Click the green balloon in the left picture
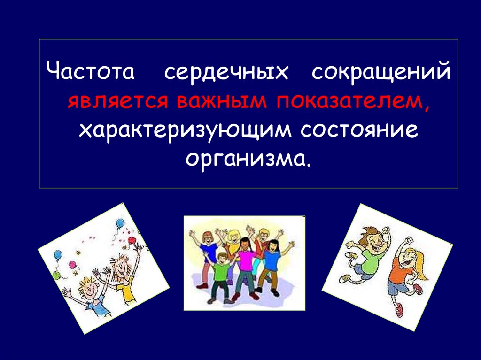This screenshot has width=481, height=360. click(x=56, y=276)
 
